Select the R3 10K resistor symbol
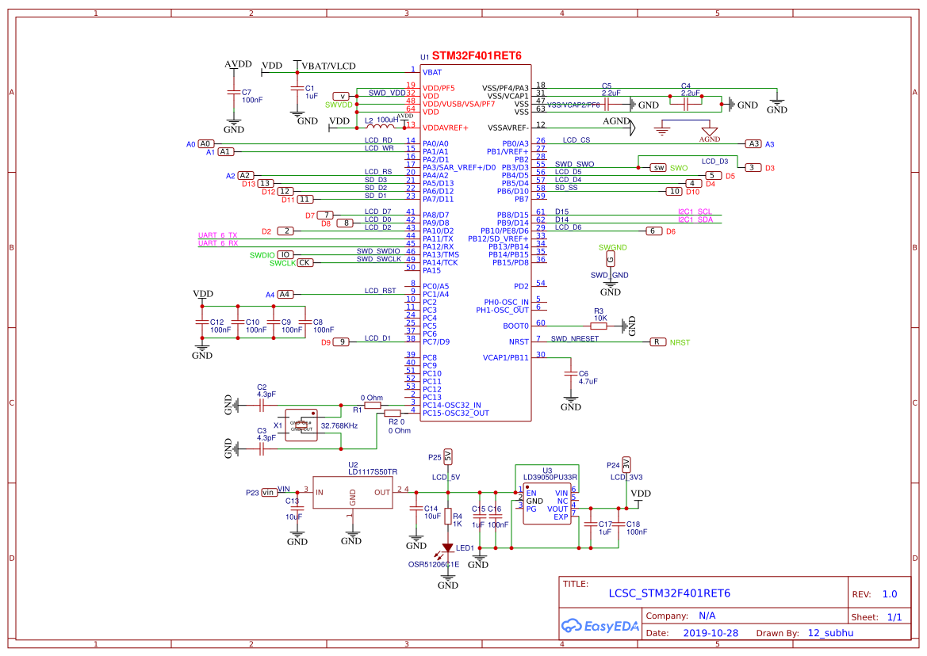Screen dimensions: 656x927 (599, 326)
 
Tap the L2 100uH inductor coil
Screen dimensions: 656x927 (381, 127)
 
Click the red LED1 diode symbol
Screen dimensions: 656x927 (448, 547)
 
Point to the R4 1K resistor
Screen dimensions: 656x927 (448, 516)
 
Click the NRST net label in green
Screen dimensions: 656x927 (680, 342)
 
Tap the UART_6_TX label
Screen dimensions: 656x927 (217, 235)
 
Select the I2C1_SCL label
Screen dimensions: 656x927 (695, 212)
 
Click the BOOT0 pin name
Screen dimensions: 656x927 (515, 326)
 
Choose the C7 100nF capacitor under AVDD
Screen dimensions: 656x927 (234, 93)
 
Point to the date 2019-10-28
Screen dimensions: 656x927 (711, 633)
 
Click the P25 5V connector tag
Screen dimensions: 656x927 (448, 456)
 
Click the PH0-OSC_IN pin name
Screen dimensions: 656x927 (506, 302)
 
